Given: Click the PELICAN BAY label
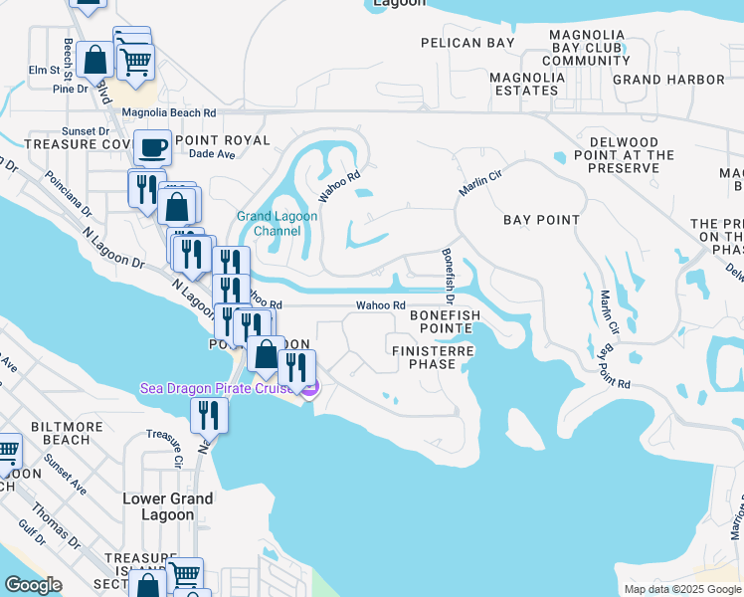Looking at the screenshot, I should point(467,43).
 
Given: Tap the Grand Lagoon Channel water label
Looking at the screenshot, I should point(269,224).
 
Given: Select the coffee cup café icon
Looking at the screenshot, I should point(152,147).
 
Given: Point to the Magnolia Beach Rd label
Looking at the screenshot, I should point(169,113).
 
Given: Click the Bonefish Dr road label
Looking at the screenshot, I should point(448,276).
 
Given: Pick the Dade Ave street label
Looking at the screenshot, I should point(211,155).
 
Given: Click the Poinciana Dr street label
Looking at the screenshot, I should point(67,197).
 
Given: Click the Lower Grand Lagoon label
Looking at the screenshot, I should point(167,506).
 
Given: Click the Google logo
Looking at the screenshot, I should point(33,585).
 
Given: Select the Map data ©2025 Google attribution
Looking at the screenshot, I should point(681,589).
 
